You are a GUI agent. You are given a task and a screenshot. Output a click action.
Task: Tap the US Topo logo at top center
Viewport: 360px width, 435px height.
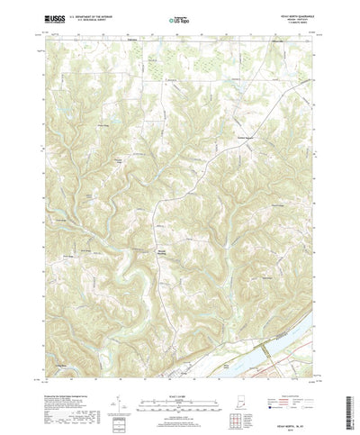tap(181, 17)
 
